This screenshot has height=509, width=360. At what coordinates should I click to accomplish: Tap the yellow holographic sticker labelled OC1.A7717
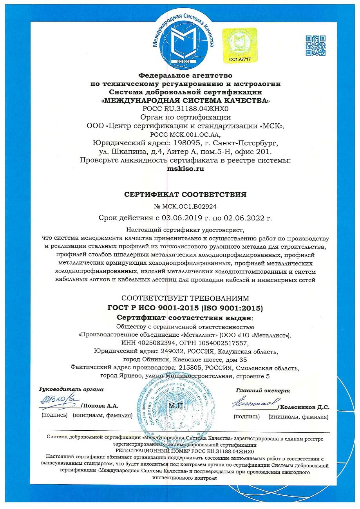tap(239, 45)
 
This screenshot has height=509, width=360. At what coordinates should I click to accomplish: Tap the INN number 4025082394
tap(149, 343)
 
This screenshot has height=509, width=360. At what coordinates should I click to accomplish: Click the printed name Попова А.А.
tap(101, 406)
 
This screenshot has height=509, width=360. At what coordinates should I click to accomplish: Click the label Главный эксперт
tap(262, 390)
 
